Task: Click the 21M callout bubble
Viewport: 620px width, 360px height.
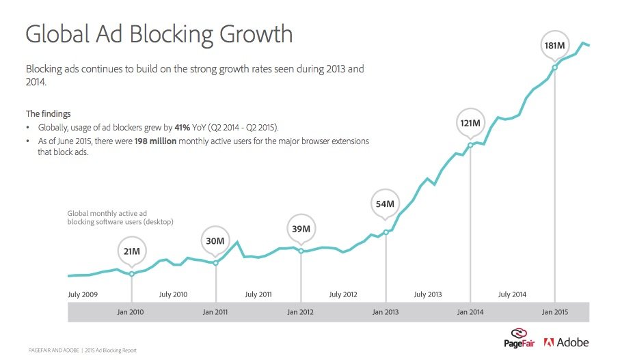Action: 132,251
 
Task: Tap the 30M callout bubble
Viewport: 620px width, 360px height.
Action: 216,240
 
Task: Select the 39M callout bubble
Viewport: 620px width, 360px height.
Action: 301,229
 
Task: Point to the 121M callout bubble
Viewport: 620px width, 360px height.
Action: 470,123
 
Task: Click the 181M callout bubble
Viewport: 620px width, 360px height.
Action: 554,46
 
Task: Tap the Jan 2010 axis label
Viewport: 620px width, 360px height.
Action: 131,312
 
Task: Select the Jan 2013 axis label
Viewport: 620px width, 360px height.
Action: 386,312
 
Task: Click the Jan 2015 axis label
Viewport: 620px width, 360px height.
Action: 554,312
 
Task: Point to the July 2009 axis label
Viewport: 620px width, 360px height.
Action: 83,294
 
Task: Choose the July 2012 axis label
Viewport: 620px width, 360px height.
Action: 343,294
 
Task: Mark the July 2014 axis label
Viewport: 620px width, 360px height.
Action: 512,294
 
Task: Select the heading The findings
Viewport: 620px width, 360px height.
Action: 48,113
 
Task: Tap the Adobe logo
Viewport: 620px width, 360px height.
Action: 566,342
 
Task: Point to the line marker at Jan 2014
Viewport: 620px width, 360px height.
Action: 470,145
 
